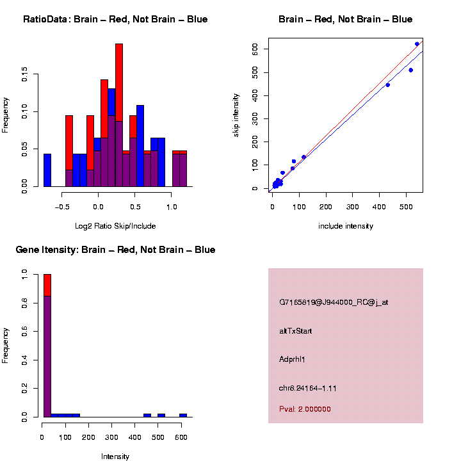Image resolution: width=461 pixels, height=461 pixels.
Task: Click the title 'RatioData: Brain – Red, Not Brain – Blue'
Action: tap(115, 20)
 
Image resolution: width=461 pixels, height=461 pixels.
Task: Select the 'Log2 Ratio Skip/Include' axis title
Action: tap(115, 226)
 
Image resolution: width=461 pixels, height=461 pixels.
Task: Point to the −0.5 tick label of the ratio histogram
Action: tap(62, 207)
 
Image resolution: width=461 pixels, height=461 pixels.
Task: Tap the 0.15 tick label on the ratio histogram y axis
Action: tap(25, 76)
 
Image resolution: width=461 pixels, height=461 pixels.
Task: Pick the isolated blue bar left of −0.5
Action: tap(47, 170)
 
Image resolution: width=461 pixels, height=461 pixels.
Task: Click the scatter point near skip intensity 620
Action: tap(417, 44)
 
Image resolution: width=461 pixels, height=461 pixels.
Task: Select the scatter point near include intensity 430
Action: tap(387, 85)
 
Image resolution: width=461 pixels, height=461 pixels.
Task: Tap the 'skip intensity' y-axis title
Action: tap(236, 114)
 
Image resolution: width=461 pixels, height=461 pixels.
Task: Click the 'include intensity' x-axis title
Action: tap(346, 226)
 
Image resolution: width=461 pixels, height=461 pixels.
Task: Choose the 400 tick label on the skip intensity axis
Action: tap(255, 95)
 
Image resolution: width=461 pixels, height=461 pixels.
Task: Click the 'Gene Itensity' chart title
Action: tap(115, 250)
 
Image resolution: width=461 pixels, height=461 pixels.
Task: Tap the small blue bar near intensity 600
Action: tap(183, 415)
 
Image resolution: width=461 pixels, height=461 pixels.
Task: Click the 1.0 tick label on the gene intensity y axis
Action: tap(25, 274)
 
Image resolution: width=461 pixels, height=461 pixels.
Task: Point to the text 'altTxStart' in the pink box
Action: tap(296, 331)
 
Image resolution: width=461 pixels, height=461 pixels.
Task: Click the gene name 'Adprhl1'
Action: tap(293, 359)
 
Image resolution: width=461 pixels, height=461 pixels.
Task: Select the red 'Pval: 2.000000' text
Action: tap(305, 409)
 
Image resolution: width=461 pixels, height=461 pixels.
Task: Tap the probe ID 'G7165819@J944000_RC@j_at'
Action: tap(334, 302)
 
